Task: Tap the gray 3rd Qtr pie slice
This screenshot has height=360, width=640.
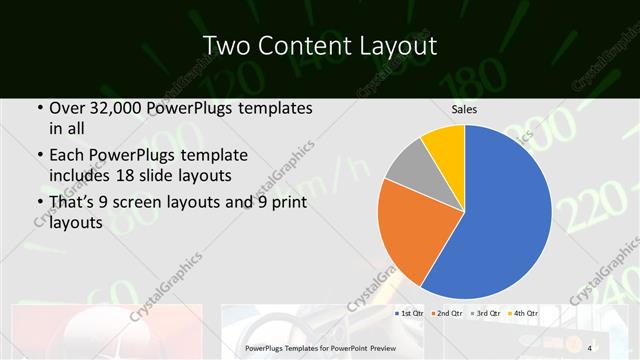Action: click(x=408, y=167)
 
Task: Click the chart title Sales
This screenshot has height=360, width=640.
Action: click(x=464, y=108)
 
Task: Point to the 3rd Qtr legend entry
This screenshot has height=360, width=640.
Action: click(x=488, y=314)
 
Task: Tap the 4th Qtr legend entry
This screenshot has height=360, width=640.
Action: click(x=524, y=314)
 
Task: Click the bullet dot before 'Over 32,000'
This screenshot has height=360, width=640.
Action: click(x=39, y=108)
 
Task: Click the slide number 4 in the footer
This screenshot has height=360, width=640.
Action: click(x=591, y=348)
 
